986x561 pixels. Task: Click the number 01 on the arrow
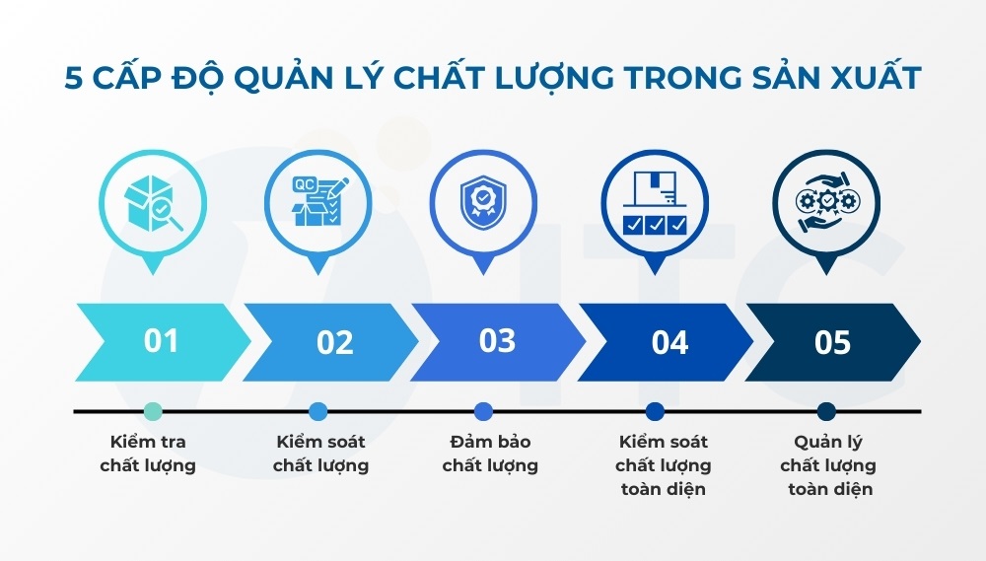tap(161, 341)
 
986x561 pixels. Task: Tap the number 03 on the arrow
tap(497, 341)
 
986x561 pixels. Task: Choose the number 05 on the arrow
tap(832, 342)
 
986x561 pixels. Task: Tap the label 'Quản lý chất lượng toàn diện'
tap(827, 465)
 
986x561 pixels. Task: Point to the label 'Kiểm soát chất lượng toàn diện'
tap(663, 465)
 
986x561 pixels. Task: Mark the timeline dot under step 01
tap(151, 411)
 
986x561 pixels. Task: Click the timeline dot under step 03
tap(483, 411)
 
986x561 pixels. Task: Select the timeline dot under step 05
tap(826, 411)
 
